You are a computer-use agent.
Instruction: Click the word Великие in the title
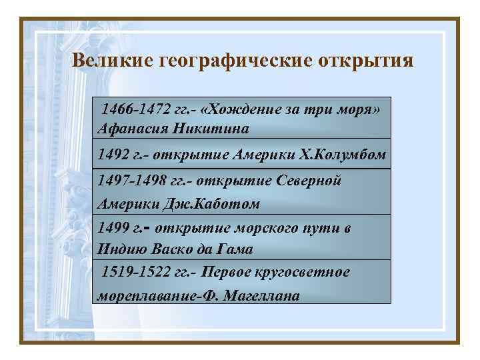113,61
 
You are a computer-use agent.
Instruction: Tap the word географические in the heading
229,61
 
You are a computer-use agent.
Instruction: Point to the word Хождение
233,109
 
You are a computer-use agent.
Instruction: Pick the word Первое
225,273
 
